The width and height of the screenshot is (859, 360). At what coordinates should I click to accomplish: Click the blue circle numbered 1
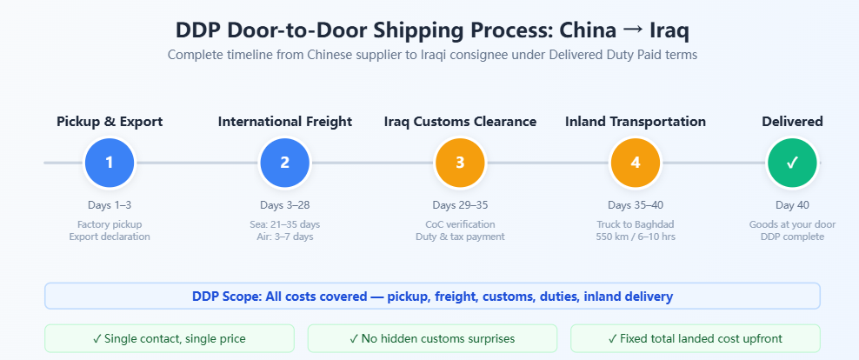(109, 163)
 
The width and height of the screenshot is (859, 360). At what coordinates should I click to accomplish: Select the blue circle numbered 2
(285, 163)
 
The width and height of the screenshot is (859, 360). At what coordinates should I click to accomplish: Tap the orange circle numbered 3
(460, 163)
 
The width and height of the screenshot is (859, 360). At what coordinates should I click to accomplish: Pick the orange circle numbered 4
(636, 163)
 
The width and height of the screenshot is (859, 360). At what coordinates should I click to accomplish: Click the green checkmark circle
(792, 163)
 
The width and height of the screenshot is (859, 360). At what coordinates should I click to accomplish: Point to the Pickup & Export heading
(110, 122)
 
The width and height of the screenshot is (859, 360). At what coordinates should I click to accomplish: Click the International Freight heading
(285, 122)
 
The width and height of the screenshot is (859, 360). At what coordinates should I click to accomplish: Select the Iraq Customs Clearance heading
(460, 122)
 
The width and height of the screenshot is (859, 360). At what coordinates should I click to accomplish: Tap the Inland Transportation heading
(636, 122)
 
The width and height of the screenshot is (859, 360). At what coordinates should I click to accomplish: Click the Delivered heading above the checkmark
(792, 122)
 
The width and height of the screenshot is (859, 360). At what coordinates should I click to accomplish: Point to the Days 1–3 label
(110, 205)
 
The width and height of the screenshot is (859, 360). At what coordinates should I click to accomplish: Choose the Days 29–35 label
(460, 205)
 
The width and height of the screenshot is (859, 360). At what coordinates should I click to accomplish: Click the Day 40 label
(792, 205)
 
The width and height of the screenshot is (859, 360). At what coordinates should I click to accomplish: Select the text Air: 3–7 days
(285, 237)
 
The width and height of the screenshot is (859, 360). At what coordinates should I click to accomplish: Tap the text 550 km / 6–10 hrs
(636, 237)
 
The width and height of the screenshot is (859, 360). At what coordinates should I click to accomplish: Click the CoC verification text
(460, 224)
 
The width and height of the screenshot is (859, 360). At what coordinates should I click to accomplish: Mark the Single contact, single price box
(170, 338)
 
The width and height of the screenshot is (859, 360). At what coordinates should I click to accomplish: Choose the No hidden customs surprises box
(432, 338)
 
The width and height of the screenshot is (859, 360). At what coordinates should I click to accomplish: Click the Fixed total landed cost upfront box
(696, 338)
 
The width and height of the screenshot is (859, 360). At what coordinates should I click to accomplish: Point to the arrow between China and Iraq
(633, 30)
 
